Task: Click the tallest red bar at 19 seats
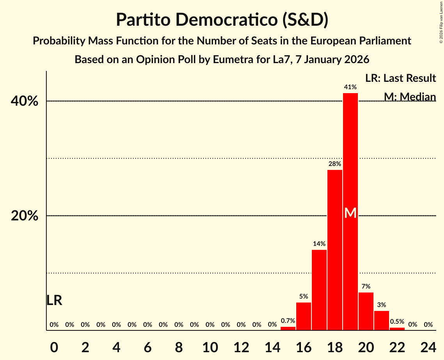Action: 350,156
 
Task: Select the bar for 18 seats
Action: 334,249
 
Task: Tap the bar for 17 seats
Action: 319,290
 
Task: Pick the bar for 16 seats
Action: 303,316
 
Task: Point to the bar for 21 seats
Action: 381,320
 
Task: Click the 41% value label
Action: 350,87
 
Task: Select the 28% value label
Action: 334,164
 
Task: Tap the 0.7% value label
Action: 288,321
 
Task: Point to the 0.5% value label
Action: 397,322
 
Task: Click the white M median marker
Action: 350,213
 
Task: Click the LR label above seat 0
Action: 54,300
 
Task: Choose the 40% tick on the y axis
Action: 25,101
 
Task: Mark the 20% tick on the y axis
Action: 25,216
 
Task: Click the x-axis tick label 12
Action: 241,346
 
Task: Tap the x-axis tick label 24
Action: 428,346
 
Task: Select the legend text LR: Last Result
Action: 400,78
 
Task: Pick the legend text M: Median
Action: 409,97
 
